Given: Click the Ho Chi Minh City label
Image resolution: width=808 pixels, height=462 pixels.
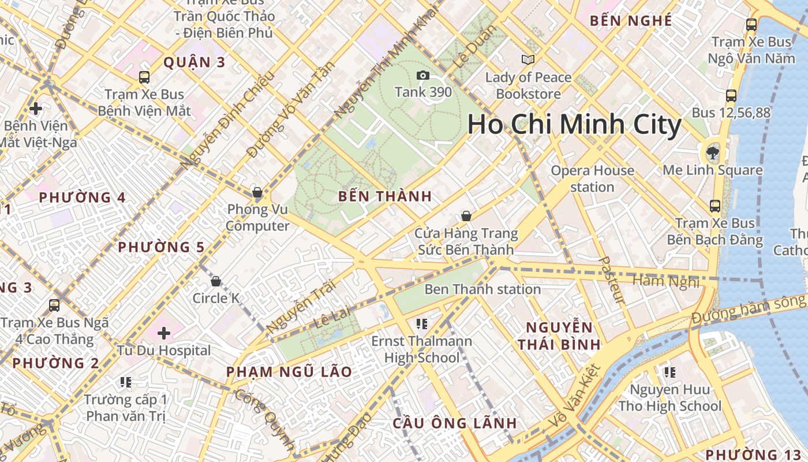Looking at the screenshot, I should [574, 125].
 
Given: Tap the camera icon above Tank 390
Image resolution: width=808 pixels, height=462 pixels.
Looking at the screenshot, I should [423, 75].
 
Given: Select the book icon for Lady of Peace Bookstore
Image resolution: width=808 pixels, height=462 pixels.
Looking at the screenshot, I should [528, 59].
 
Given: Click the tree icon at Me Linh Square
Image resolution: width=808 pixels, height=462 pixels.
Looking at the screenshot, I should [713, 153].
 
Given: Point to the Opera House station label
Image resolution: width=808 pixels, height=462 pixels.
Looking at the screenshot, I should [592, 178].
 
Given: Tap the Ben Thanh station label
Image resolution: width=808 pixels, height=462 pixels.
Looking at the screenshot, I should [482, 289].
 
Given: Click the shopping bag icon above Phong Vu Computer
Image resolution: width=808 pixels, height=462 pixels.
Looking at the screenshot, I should [257, 192].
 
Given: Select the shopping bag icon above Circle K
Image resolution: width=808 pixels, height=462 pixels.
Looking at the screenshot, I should [216, 281].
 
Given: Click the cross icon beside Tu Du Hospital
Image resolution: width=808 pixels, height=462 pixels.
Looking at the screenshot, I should [164, 333].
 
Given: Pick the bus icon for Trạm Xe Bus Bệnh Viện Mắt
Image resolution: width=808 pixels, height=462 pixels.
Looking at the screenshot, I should [144, 77].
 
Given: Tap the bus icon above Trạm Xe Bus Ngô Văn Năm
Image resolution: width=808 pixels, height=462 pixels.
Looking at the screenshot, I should [751, 25].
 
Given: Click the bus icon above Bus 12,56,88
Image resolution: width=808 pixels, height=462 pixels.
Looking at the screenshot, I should [731, 96].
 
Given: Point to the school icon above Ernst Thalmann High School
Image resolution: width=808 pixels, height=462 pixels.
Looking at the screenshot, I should [422, 323].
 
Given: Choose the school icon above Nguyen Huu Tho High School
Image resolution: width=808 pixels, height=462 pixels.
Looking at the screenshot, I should [669, 372].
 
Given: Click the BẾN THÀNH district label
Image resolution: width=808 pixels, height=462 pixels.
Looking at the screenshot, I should [385, 196].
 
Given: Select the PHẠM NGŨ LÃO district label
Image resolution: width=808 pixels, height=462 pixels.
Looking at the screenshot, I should [289, 372].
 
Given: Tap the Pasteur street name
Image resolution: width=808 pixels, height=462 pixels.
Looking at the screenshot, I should [612, 280].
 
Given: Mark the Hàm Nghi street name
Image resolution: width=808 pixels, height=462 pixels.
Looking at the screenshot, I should [666, 281].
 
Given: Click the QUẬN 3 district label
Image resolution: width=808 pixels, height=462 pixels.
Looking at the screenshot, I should [194, 62].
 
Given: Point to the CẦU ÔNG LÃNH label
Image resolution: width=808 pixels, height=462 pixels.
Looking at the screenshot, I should [455, 423].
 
